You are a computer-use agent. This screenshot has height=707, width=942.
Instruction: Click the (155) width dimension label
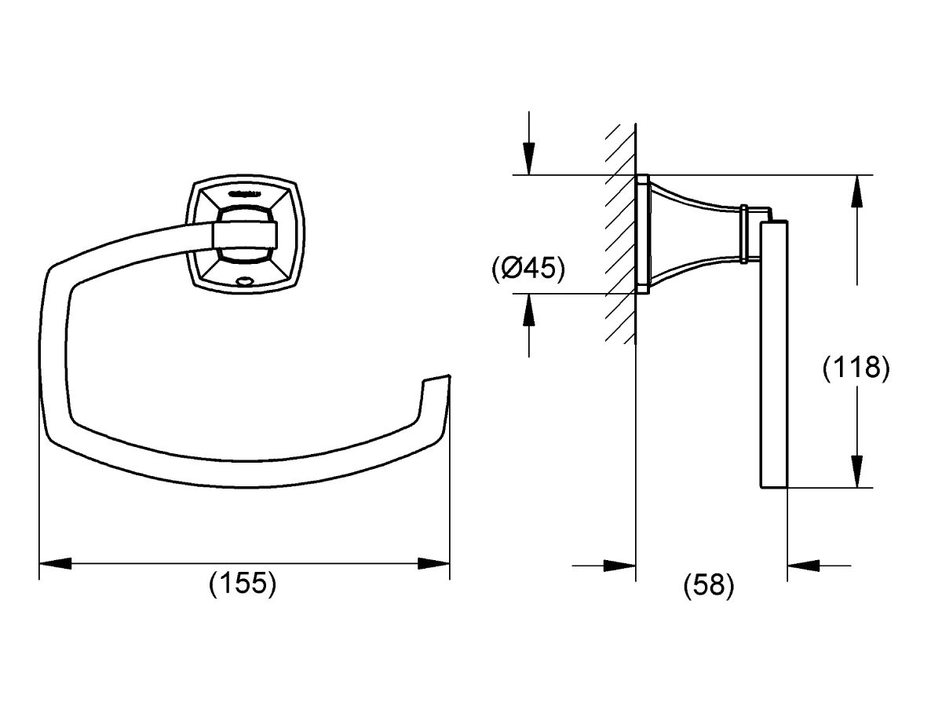[243, 584]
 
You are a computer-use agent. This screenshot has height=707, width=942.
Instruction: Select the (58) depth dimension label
[709, 584]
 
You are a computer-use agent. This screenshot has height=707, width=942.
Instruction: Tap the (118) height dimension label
[856, 368]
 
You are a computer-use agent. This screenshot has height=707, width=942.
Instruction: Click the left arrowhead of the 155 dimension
[55, 564]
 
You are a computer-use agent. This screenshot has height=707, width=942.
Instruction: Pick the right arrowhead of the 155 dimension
[433, 564]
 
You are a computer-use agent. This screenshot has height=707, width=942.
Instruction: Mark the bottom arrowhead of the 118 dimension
[857, 471]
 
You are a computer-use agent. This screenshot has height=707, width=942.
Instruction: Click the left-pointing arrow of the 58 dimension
[803, 564]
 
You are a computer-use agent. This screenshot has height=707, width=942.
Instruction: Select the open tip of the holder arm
[436, 381]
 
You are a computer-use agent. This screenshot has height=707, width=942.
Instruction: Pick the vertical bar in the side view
[773, 353]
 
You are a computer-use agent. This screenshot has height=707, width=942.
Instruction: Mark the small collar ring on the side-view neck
[744, 233]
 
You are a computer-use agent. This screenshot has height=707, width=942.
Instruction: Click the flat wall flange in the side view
[641, 233]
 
